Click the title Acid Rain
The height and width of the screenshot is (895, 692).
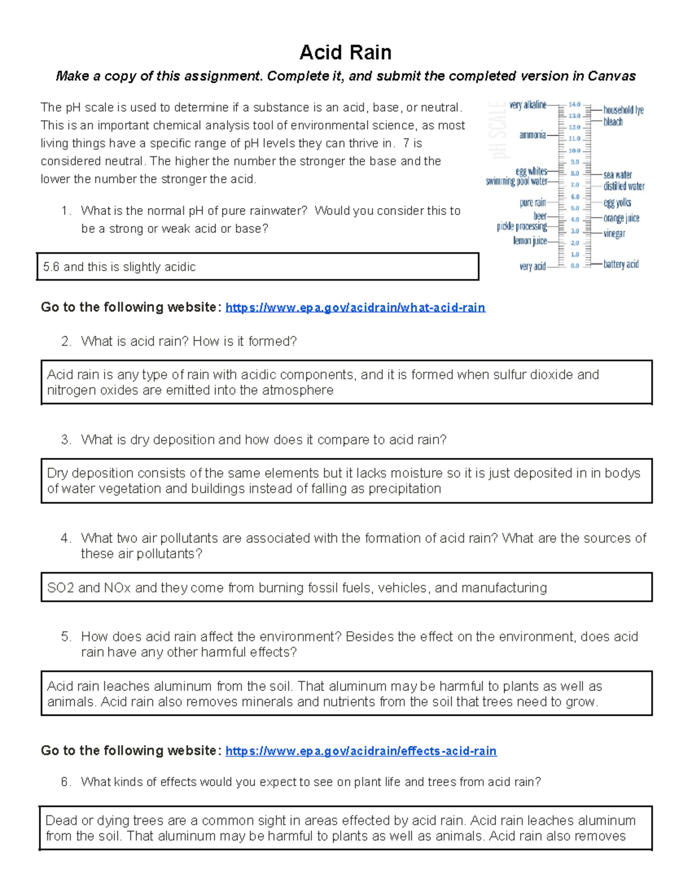345,52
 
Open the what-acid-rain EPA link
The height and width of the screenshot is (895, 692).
355,307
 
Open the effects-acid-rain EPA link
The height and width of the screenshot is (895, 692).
360,750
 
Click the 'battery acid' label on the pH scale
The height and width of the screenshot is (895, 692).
620,264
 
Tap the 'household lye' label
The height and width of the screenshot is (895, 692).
623,109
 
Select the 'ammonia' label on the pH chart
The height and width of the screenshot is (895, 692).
532,135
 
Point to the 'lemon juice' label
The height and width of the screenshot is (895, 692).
530,240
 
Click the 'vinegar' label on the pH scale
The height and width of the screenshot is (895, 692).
614,233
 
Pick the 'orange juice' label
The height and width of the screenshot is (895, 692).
621,218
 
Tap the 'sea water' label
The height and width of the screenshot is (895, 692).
618,174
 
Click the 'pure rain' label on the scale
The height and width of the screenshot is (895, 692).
532,202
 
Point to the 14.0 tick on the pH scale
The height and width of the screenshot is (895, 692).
574,104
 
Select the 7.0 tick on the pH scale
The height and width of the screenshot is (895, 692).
574,185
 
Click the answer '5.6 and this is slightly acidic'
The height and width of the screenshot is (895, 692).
119,267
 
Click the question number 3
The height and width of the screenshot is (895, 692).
66,440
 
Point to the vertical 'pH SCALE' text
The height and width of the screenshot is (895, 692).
498,130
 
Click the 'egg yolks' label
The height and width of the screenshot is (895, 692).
617,202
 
